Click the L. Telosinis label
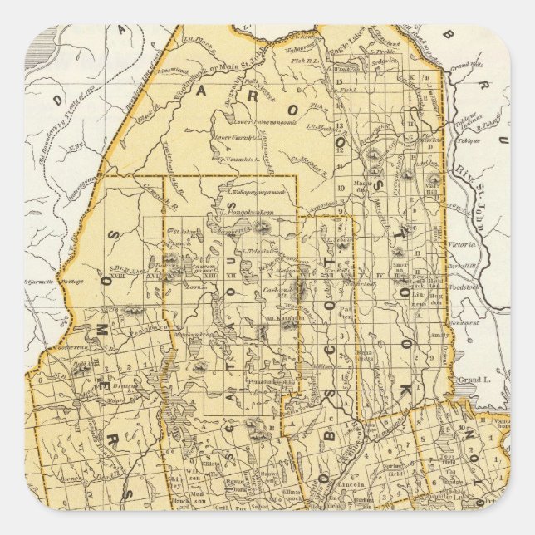[252, 250]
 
